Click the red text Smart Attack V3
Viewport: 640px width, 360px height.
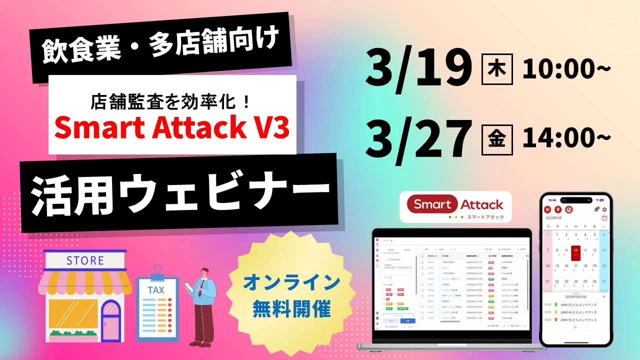tap(172, 128)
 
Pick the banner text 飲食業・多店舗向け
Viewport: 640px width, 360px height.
tap(159, 47)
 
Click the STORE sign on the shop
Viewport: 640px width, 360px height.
tap(85, 260)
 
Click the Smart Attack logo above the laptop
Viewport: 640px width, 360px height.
tap(455, 206)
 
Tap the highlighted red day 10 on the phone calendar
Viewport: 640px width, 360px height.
tap(575, 251)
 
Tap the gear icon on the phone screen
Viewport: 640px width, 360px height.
tap(604, 209)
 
